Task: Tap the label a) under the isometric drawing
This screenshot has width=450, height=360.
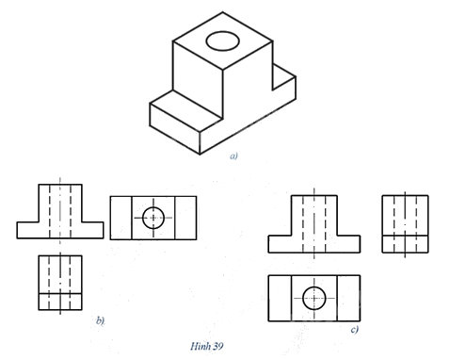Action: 233,155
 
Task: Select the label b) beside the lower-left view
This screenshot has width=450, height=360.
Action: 100,320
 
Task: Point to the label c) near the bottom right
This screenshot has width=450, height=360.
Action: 355,329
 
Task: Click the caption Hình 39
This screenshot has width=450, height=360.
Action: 207,346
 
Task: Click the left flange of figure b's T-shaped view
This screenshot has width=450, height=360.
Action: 28,230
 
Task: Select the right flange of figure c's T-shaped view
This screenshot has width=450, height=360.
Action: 348,244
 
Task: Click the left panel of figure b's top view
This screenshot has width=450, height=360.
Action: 121,218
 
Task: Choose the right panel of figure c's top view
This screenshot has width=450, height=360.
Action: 348,298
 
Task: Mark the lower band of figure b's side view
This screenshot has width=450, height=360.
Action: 60,302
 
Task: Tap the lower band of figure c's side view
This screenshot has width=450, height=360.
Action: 405,244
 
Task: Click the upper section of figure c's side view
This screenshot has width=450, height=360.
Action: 405,215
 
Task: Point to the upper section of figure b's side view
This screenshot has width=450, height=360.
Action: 60,274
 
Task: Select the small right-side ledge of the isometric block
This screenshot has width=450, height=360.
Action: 284,77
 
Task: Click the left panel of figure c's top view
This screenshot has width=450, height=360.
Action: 280,298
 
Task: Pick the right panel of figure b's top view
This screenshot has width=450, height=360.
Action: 185,218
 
